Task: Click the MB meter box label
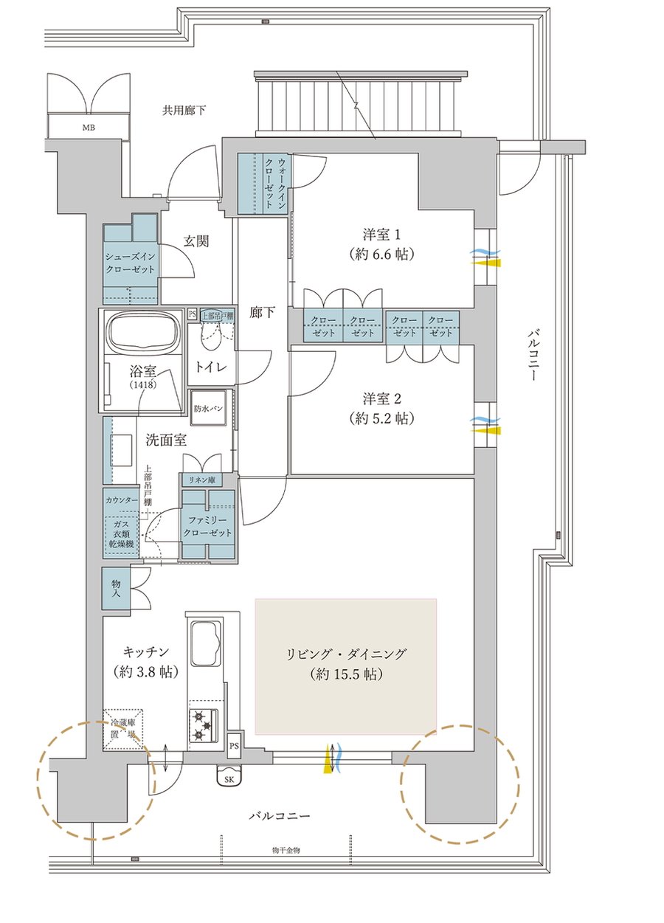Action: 89,128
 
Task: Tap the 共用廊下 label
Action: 184,111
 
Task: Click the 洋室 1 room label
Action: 381,245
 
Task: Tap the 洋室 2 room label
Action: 381,409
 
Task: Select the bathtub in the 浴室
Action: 145,333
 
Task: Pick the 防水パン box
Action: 209,409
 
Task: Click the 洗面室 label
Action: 165,440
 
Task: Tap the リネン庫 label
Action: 200,480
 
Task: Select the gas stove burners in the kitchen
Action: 203,725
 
